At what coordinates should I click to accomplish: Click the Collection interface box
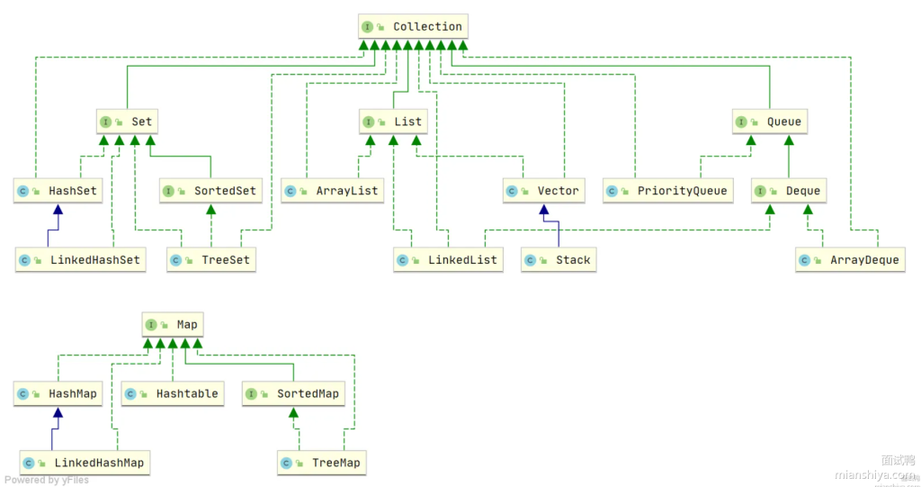coord(413,27)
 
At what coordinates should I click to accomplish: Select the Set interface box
coord(127,122)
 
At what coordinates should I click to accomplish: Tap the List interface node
coord(392,122)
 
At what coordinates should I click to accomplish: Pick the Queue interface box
coord(767,122)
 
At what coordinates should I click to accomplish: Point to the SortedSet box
coord(210,191)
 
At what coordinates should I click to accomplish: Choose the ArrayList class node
coord(333,191)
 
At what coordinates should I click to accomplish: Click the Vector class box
coord(543,191)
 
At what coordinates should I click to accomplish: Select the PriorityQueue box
coord(666,191)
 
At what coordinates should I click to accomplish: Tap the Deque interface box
coord(788,191)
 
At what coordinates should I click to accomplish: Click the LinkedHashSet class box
coord(82,260)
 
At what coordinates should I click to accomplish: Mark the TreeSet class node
coord(210,260)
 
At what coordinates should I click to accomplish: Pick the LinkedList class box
coord(448,260)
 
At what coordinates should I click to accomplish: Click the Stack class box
coord(558,260)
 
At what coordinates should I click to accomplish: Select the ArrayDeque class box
coord(849,260)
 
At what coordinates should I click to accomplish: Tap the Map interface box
coord(172,324)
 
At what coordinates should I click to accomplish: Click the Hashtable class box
coord(173,393)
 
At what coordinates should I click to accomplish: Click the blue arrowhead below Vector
coord(543,210)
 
